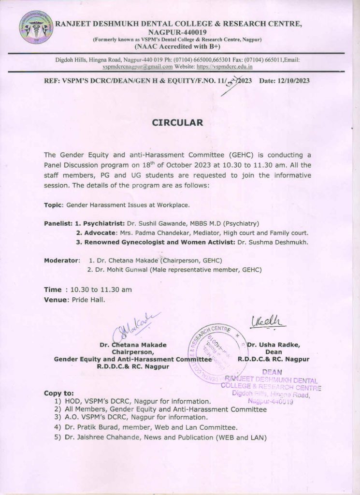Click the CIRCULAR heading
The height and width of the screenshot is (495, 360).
[x=178, y=122]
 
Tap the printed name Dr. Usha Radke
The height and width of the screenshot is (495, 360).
[x=274, y=345]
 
